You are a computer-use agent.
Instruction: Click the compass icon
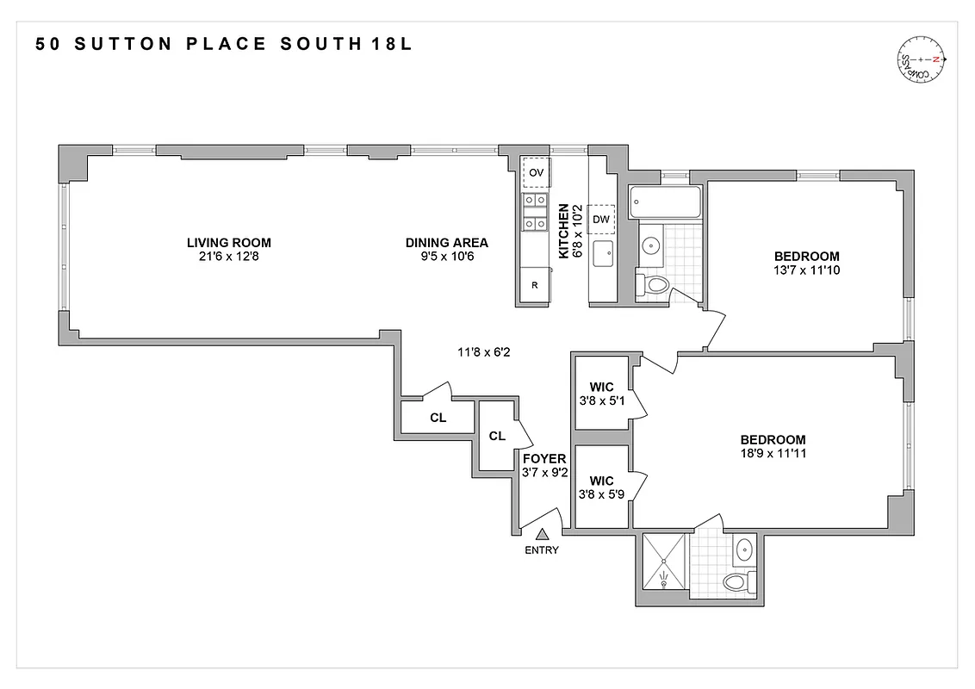(x=922, y=59)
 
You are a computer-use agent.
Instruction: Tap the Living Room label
(x=223, y=242)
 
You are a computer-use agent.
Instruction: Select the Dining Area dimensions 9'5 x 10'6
(x=446, y=256)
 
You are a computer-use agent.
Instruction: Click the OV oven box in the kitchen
(x=536, y=172)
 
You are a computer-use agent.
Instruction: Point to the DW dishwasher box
(x=601, y=219)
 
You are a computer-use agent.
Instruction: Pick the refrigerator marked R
(x=534, y=285)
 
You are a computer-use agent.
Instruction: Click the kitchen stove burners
(x=535, y=212)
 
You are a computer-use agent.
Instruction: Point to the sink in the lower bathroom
(x=742, y=549)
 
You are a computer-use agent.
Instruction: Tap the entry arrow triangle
(x=543, y=535)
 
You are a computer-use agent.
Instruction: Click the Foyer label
(x=544, y=459)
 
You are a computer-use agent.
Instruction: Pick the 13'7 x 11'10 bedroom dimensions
(x=806, y=270)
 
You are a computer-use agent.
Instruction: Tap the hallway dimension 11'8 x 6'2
(x=482, y=351)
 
